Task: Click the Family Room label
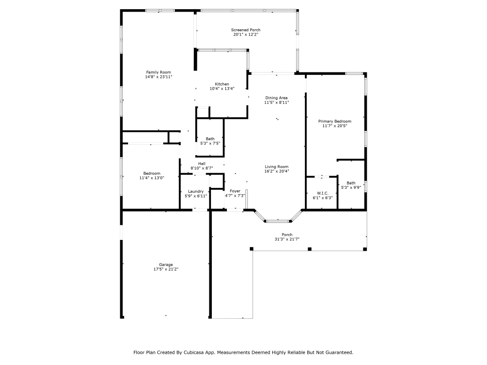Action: coord(158,73)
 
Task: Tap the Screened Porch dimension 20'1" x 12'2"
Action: coord(245,35)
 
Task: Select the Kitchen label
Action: coord(222,84)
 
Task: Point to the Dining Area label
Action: coord(277,98)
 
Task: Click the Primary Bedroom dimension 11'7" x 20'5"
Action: coord(335,126)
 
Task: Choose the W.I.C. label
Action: coord(323,193)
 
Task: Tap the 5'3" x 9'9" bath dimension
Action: coord(351,187)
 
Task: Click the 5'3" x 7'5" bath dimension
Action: coord(210,144)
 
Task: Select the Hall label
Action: coord(202,164)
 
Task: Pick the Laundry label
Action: coord(196,191)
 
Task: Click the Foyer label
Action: coord(235,191)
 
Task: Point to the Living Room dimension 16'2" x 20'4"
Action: coord(277,171)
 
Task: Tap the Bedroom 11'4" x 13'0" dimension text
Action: coord(152,178)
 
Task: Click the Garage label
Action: coord(166,265)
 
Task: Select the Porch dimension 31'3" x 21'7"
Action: coord(287,239)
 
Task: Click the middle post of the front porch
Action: coord(309,249)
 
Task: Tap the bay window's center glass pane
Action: coord(278,221)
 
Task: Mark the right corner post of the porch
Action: coord(365,249)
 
